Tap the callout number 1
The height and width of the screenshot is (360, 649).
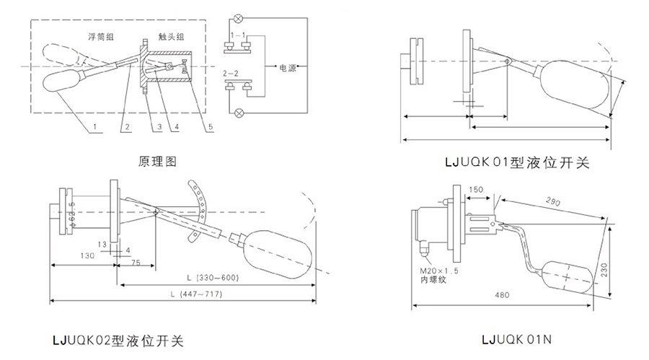click(94, 128)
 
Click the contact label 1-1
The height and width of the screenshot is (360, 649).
click(237, 34)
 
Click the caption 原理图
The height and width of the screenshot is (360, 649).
click(156, 162)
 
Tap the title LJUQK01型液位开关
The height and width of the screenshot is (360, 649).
click(517, 162)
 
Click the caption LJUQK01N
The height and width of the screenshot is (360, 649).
click(518, 338)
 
